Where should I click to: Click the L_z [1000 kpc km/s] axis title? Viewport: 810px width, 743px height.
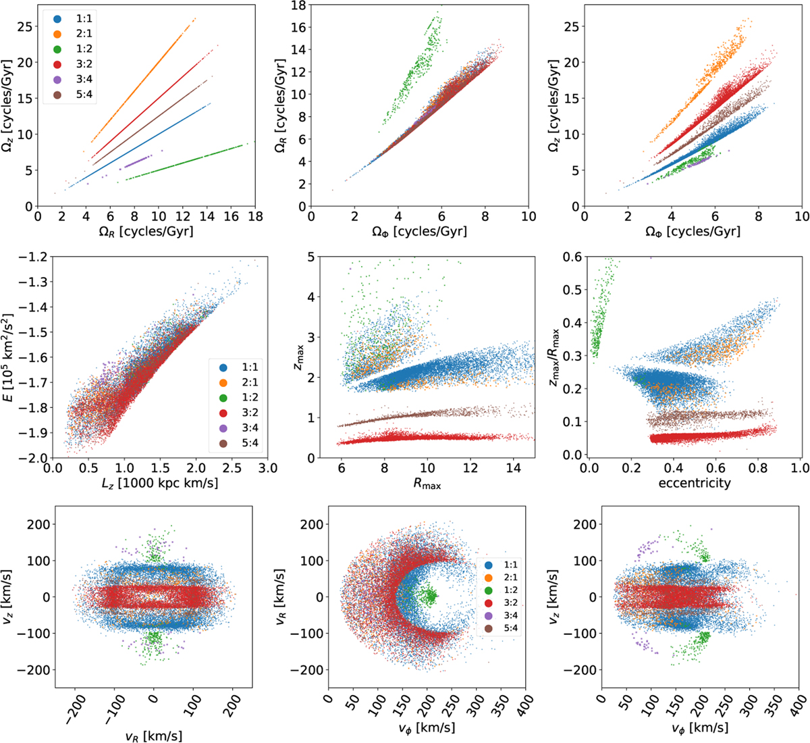click(159, 484)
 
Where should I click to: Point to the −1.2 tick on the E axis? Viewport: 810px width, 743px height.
click(30, 257)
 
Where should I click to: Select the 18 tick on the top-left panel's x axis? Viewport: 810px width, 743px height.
click(254, 217)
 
